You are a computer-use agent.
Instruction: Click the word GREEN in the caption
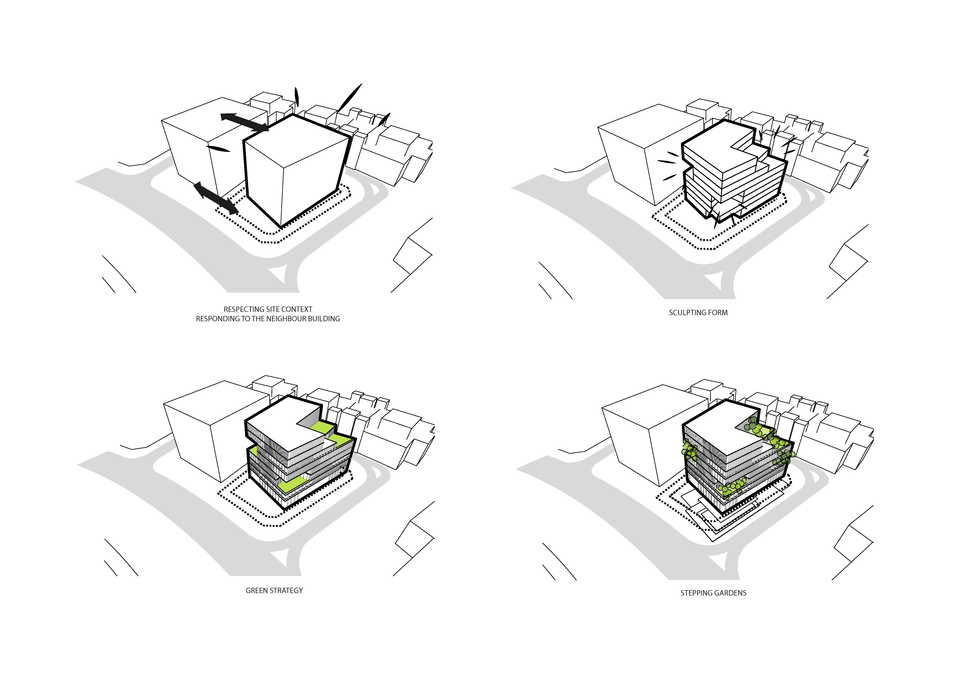[x=256, y=591]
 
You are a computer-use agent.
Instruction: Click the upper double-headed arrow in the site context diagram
[x=245, y=122]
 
